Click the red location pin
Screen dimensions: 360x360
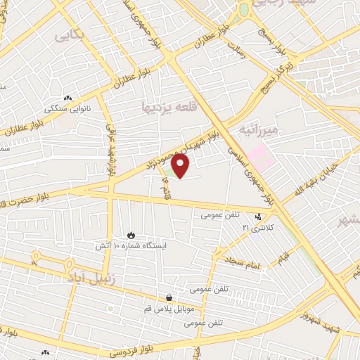point(181,166)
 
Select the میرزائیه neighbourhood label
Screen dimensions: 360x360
point(259,129)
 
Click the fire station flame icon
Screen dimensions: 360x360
point(131,235)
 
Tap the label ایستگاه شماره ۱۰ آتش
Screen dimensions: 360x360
point(133,246)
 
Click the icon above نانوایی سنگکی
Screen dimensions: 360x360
point(67,98)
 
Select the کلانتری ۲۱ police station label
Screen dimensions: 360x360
point(256,228)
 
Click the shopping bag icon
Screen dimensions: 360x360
point(169,297)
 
